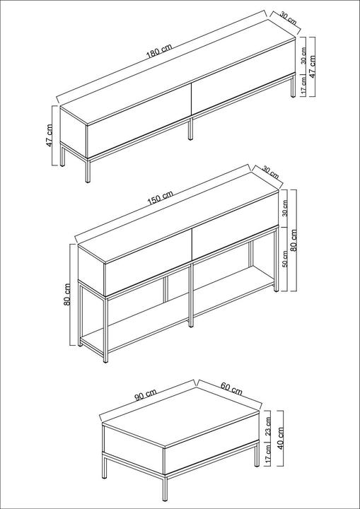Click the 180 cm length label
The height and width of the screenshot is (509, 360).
[x=159, y=51]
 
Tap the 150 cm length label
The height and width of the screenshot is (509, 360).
[x=160, y=198]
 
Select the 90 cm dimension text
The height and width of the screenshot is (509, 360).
[x=146, y=394]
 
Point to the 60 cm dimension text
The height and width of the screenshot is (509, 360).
[x=232, y=389]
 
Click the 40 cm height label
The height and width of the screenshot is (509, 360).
[x=280, y=438]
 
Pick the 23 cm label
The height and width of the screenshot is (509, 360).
[x=268, y=426]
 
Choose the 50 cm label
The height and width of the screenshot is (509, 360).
[x=285, y=259]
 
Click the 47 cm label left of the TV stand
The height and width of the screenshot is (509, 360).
[x=49, y=135]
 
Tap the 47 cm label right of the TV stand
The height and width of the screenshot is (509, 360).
[x=312, y=66]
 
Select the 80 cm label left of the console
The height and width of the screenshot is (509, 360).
[x=67, y=294]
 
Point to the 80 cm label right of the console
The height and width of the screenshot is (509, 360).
[x=294, y=240]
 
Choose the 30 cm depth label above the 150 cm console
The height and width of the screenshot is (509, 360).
[x=270, y=172]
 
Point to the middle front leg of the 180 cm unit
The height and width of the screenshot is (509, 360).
[x=191, y=129]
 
